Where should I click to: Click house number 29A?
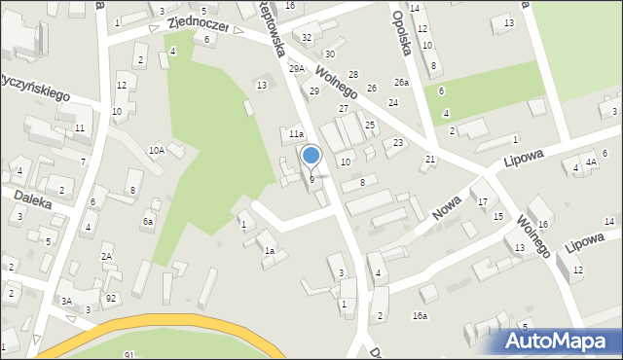[x=297, y=68]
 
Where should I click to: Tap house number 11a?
[x=296, y=133]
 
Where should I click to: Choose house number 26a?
[x=401, y=82]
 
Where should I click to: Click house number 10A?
[x=156, y=150]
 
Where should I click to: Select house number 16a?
[x=420, y=315]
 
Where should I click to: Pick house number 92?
[x=111, y=298]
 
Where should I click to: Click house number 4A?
[x=590, y=162]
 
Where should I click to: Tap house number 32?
[x=307, y=37]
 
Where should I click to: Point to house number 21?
[x=430, y=159]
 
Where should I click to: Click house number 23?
[x=398, y=143]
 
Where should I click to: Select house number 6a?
[x=148, y=222]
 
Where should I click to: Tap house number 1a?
[x=269, y=251]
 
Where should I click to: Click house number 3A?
[x=66, y=302]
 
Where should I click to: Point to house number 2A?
[x=107, y=256]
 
